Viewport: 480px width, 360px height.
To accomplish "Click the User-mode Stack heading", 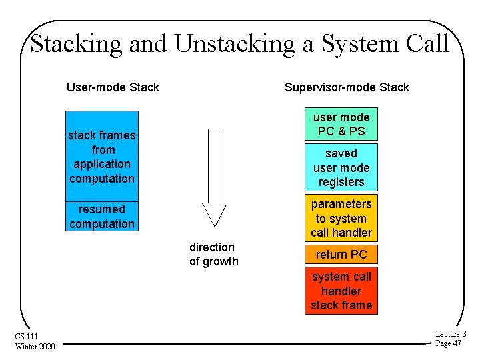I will point(113,87).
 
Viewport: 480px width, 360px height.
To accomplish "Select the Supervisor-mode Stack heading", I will point(347,87).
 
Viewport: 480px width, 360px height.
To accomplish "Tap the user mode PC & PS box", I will point(341,124).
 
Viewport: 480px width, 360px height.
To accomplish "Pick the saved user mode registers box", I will point(341,167).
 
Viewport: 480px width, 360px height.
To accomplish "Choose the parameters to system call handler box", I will point(341,218).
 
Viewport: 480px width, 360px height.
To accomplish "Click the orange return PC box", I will point(341,254).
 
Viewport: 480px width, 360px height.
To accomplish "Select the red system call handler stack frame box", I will point(341,291).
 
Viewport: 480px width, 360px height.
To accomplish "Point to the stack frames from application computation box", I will point(102,157).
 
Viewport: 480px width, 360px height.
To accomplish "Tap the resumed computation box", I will point(102,216).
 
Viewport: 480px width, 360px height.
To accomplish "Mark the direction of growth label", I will point(213,254).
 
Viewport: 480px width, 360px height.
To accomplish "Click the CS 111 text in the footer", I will point(29,337).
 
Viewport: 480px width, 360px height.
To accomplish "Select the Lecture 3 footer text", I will point(451,334).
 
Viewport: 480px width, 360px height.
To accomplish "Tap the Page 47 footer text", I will point(448,343).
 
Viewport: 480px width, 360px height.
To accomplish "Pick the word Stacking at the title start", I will point(76,44).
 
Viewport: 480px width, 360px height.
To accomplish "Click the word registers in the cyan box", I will point(341,182).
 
